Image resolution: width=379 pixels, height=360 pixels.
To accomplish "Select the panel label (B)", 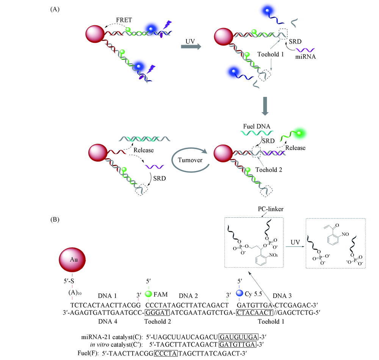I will pos(55,219).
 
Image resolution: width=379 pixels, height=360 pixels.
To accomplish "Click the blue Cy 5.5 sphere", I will pos(239,294).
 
